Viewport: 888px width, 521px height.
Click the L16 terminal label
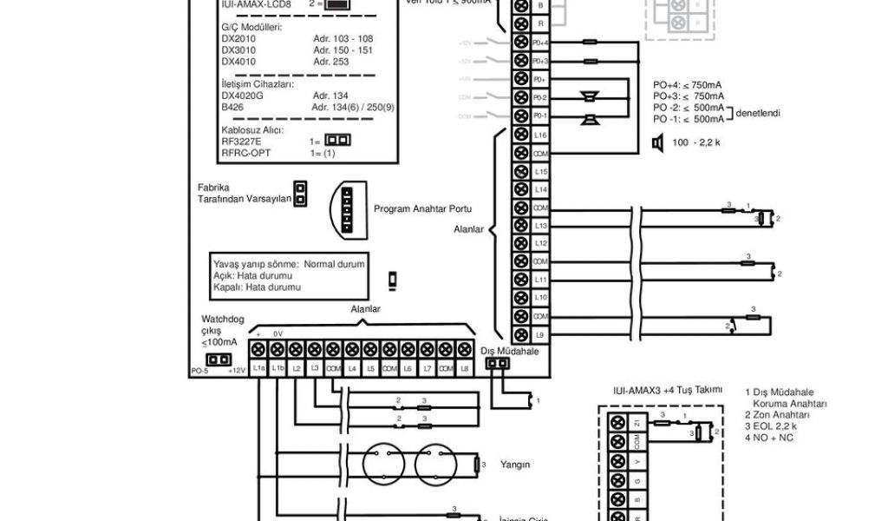click(x=540, y=135)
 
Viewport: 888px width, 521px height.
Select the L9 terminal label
click(x=540, y=334)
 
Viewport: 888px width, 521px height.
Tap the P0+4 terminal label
click(x=540, y=43)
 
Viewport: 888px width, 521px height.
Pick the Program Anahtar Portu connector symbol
click(x=349, y=209)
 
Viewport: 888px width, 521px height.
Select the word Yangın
click(x=515, y=465)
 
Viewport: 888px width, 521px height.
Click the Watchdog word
click(x=220, y=318)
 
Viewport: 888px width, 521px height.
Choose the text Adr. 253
click(x=330, y=62)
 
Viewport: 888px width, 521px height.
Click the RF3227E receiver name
click(x=242, y=140)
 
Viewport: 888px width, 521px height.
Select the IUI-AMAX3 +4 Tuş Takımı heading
click(x=667, y=392)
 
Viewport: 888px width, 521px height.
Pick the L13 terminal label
click(x=540, y=225)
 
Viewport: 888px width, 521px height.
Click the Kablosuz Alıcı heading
click(x=252, y=129)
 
